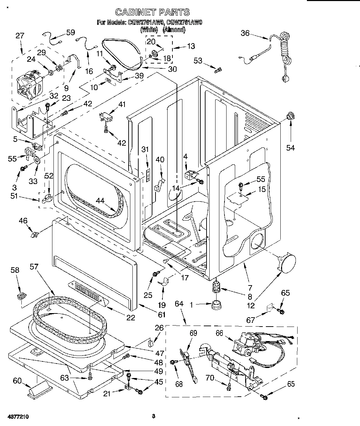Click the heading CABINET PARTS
pyautogui.click(x=152, y=12)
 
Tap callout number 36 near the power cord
pyautogui.click(x=245, y=33)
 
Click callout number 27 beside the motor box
pyautogui.click(x=20, y=36)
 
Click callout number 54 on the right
pyautogui.click(x=291, y=148)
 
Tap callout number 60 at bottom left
pyautogui.click(x=17, y=381)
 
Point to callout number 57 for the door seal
pyautogui.click(x=34, y=267)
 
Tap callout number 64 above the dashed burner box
pyautogui.click(x=179, y=304)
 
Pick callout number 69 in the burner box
pyautogui.click(x=193, y=333)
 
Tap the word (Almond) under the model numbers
pyautogui.click(x=174, y=30)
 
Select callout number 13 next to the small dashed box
pyautogui.click(x=190, y=46)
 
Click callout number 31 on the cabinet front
pyautogui.click(x=145, y=149)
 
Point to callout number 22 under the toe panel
pyautogui.click(x=130, y=317)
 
